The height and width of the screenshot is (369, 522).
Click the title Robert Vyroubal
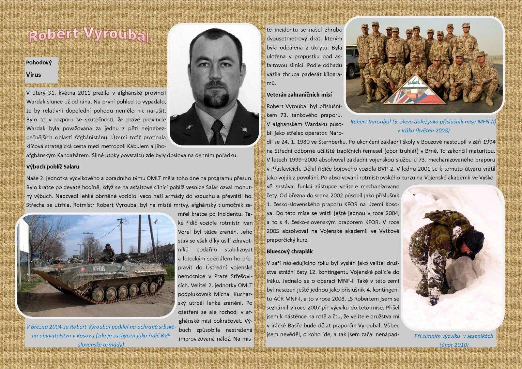coord(89,36)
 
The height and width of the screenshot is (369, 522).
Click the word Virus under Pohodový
coord(34,75)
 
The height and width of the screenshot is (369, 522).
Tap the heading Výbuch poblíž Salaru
coord(53,167)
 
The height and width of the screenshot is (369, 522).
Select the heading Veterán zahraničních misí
coord(299,95)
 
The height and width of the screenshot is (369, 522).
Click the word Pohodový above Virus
coord(39,62)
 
